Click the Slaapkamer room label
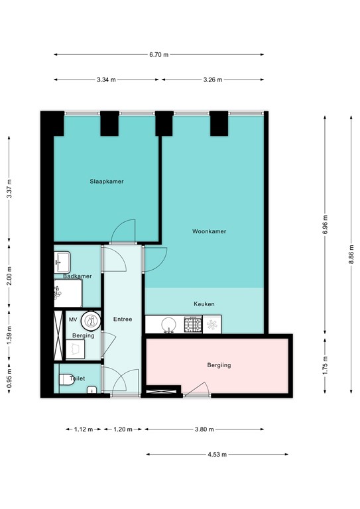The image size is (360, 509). (x=107, y=182)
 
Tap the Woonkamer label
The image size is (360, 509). (x=209, y=231)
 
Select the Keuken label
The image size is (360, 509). (x=204, y=304)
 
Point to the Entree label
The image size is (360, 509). (x=123, y=319)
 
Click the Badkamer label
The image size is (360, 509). (x=78, y=276)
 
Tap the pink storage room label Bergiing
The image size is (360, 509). (x=219, y=365)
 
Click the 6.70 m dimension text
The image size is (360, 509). (x=158, y=55)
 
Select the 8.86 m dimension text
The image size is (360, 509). (x=351, y=254)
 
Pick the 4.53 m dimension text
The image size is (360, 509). (x=217, y=455)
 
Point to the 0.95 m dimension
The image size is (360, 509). (x=9, y=378)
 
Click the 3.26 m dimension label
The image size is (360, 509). (x=213, y=80)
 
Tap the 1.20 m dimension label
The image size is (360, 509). (x=123, y=429)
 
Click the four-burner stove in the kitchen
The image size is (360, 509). (x=193, y=325)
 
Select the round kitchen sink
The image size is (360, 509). (x=168, y=325)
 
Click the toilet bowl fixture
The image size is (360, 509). (x=66, y=380)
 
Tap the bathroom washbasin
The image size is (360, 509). (x=62, y=262)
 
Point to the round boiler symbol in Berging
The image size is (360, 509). (x=91, y=321)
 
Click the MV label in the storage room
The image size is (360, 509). (x=73, y=319)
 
